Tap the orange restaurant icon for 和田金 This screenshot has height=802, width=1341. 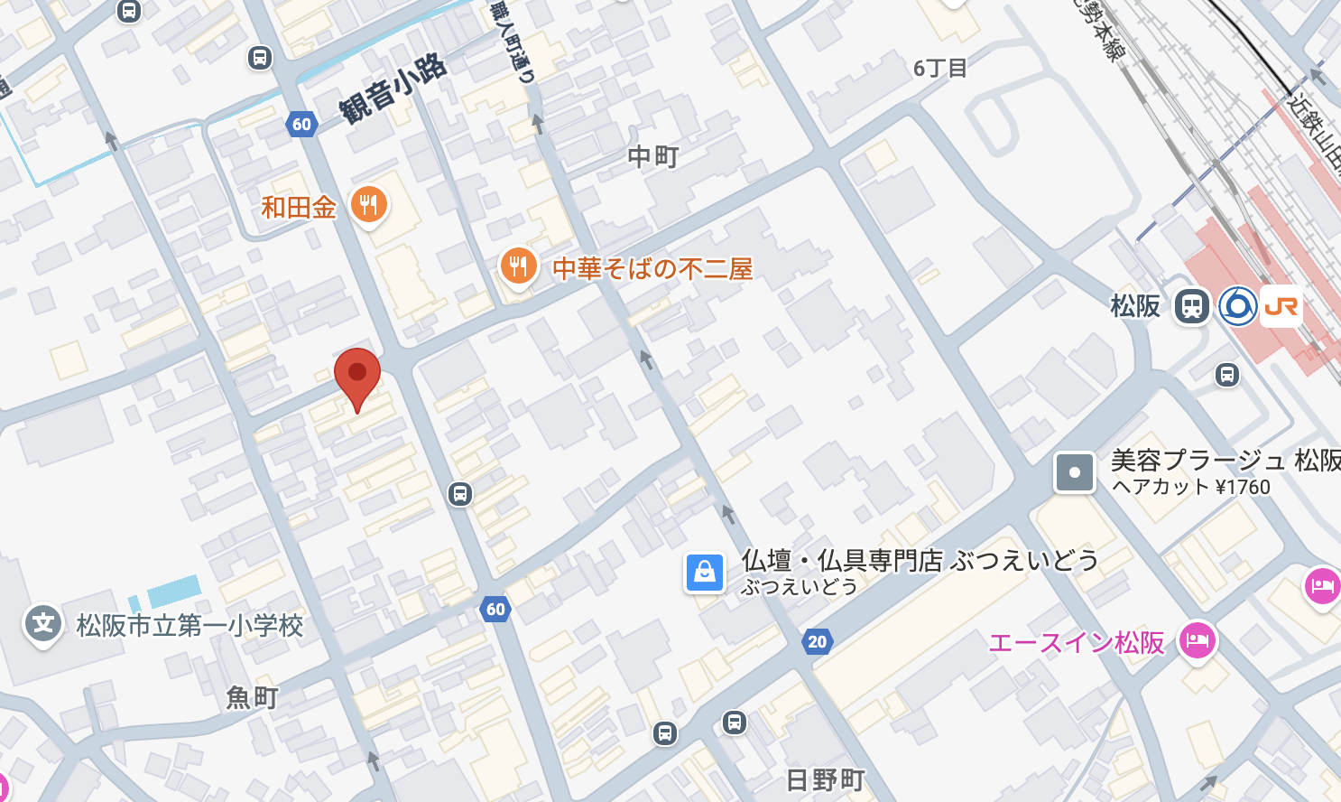coord(368,205)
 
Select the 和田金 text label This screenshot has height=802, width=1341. coord(299,208)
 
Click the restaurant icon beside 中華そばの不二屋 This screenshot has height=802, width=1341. coord(518,266)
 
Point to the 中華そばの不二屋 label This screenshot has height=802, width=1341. coord(652,269)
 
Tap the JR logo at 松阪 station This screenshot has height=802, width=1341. coord(1281,307)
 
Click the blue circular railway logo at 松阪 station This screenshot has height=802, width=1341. coord(1237,307)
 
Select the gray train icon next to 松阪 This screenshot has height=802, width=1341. coord(1191,307)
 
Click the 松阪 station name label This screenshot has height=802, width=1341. coord(1135,306)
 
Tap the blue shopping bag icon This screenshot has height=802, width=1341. coord(705,573)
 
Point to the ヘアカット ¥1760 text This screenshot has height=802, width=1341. coord(1190,487)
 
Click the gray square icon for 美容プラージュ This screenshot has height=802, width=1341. coord(1075,472)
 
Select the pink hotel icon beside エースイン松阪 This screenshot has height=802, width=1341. coord(1197,641)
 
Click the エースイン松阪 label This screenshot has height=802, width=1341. coord(1077,643)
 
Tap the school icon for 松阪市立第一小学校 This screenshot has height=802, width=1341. coord(42,623)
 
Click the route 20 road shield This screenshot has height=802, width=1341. coord(817,642)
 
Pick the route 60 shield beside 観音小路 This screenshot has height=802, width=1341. coord(301,125)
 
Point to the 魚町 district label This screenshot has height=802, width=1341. coord(252,697)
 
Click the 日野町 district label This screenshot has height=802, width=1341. coord(825,779)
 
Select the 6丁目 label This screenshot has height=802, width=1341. coord(939,69)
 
